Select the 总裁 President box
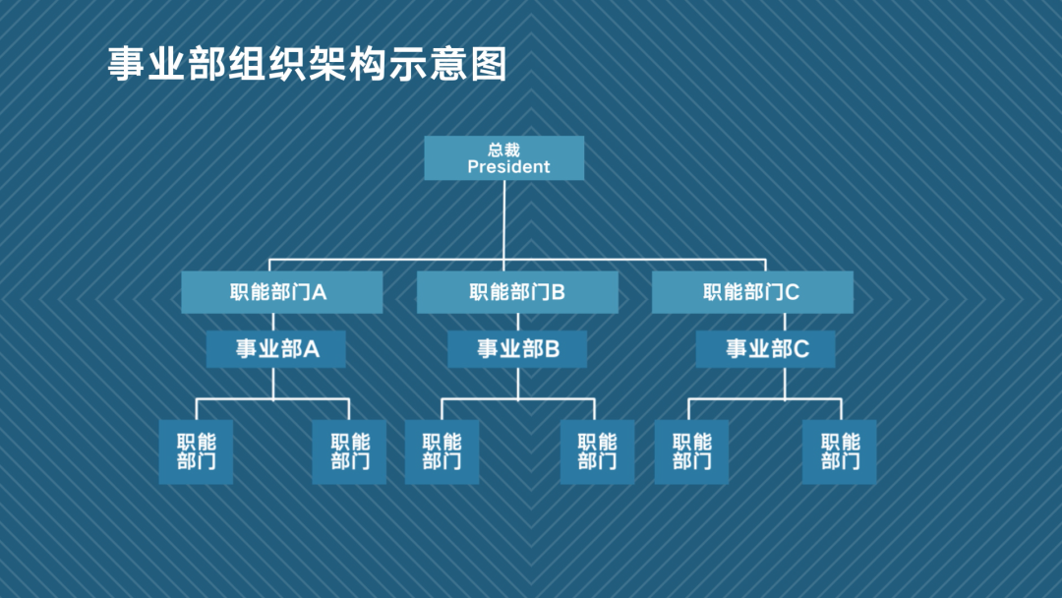point(503,158)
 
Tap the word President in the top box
point(508,167)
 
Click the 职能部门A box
point(281,292)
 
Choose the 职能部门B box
point(517,292)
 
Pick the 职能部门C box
point(752,292)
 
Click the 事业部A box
point(276,349)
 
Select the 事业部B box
point(517,349)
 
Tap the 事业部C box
point(766,349)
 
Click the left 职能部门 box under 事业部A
point(197,451)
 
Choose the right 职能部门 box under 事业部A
point(349,451)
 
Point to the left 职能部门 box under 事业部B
point(442,451)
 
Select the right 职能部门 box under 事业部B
point(597,451)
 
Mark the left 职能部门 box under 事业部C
point(691,451)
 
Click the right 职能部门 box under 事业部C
point(840,451)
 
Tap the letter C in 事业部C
point(801,349)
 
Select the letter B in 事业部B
point(552,349)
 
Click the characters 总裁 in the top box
point(503,149)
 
